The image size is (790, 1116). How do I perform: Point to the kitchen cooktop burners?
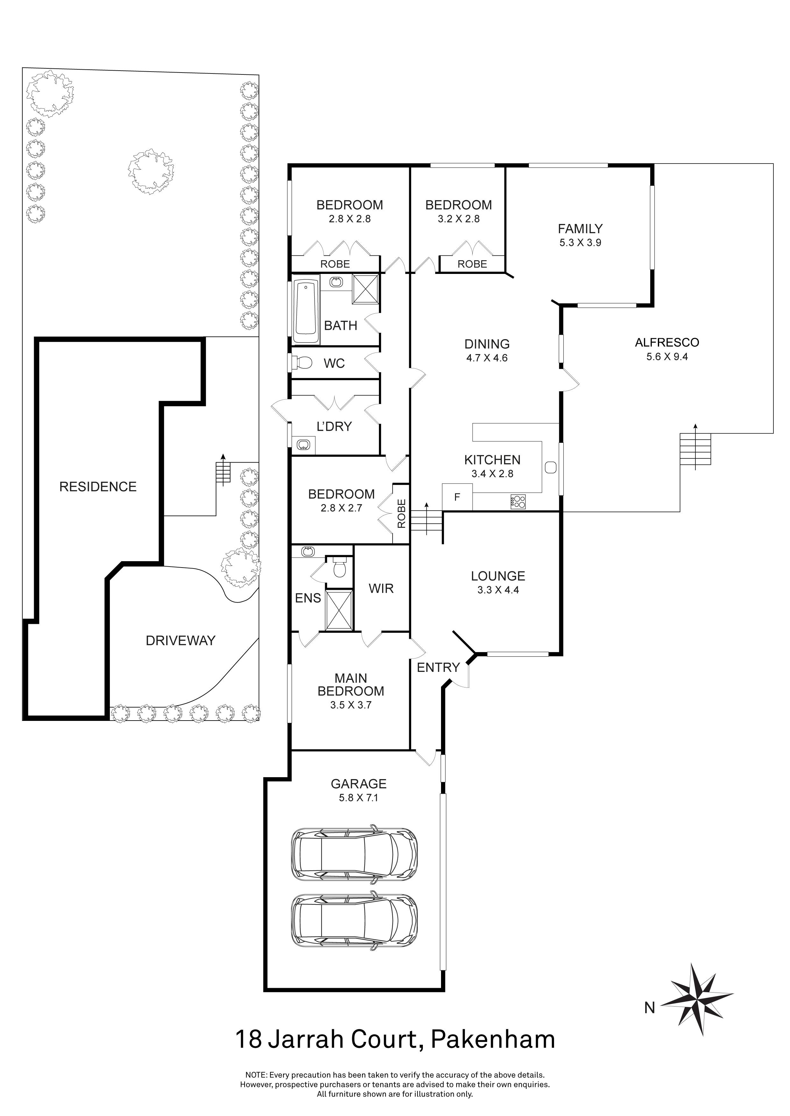pos(518,501)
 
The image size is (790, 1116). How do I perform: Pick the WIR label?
pos(381,589)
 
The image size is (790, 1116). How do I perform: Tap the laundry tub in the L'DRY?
pos(303,444)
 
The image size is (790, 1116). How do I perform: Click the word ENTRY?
pos(438,667)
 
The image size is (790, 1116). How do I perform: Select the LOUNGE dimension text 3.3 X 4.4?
pos(498,590)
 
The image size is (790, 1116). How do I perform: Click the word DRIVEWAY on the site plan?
pos(181,641)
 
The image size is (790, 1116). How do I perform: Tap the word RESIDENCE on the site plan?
pos(98,486)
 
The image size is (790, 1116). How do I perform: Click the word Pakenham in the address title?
pos(493,1040)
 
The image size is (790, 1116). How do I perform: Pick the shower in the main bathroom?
pos(365,289)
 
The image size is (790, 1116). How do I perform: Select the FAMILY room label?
pos(580,228)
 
